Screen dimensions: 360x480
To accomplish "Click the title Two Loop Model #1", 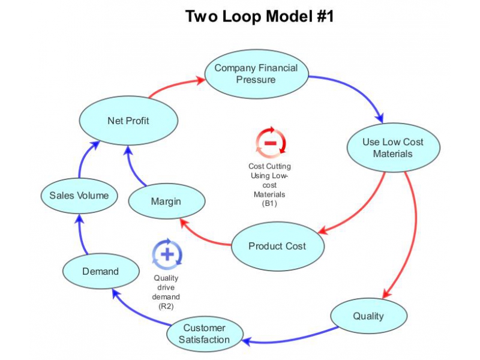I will pos(259,16).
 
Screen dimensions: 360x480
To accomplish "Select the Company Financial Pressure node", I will pos(256,74).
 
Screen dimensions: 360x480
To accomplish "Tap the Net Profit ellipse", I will pos(128,121).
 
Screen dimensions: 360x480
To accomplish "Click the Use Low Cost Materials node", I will pos(393,148).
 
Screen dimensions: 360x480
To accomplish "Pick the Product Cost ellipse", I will pos(277,246).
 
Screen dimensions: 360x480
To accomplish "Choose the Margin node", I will pos(166,201).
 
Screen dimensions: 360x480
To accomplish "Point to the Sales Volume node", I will pos(79,195).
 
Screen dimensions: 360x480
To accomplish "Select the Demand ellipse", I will pos(100,271).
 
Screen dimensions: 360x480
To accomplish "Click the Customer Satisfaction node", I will pos(205,334).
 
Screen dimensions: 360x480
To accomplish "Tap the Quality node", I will pos(368,316).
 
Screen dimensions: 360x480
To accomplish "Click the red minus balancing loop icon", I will pos(270,143).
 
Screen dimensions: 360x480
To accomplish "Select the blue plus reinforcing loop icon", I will pos(167,254).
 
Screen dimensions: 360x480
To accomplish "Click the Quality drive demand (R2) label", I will pos(166,292).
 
